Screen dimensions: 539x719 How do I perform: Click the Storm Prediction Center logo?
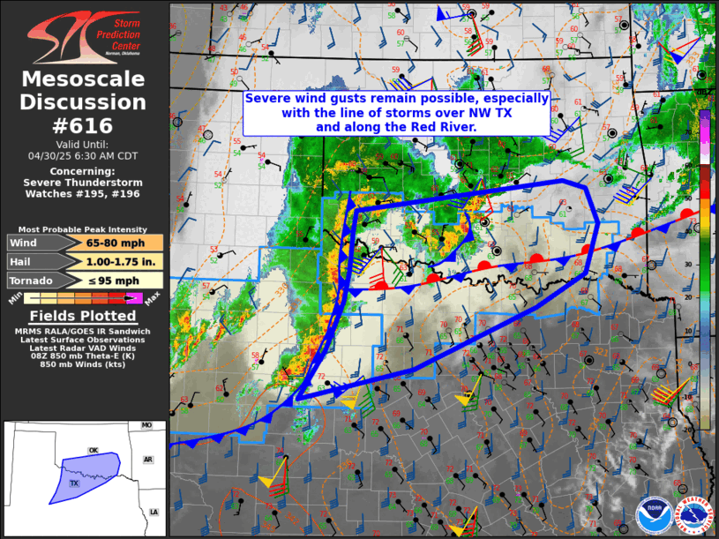coord(84,36)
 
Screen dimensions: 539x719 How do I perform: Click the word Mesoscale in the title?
coord(84,79)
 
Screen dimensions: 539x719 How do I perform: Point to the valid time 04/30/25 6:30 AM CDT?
coord(84,154)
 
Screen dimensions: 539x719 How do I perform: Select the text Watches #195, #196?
coord(84,193)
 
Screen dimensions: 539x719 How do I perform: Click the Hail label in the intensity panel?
coord(21,262)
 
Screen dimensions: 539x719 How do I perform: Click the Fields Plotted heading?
coord(84,317)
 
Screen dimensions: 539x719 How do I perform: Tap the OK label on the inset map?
coord(93,450)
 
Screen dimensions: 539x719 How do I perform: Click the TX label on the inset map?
coord(74,483)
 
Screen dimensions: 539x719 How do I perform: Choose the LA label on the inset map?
coord(154,512)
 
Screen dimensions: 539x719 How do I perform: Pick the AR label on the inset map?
coord(149,460)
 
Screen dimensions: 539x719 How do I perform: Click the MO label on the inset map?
coord(146,426)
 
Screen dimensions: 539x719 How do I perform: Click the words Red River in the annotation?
coord(442,127)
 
